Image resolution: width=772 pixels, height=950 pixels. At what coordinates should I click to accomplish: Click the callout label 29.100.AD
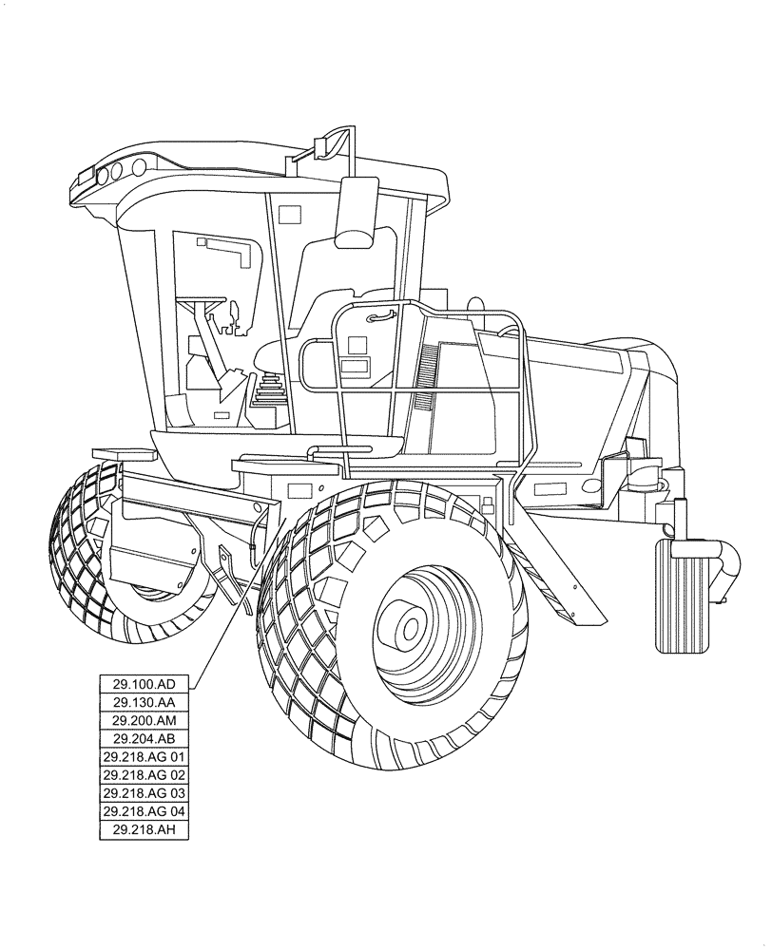(145, 683)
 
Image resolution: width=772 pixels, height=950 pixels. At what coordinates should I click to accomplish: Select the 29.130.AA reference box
(145, 702)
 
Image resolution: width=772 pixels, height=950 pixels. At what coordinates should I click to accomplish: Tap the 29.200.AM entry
(145, 720)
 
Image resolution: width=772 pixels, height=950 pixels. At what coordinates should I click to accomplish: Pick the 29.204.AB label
(145, 738)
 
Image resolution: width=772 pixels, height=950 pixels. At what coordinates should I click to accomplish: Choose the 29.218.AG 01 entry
(145, 757)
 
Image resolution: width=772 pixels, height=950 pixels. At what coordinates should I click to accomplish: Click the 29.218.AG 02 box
(145, 775)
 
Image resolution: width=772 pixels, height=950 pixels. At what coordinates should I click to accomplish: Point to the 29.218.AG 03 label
(145, 793)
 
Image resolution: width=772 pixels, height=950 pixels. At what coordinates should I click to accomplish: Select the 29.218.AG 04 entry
(145, 811)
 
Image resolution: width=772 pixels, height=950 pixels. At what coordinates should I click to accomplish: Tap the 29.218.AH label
(145, 830)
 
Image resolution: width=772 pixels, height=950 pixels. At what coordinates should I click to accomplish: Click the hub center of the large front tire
(411, 627)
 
